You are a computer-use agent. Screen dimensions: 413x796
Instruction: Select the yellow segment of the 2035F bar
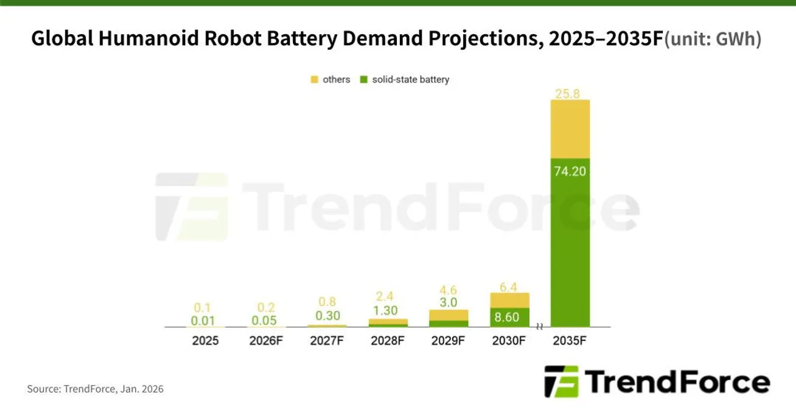click(x=570, y=129)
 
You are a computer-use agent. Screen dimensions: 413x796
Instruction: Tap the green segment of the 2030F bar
click(x=509, y=317)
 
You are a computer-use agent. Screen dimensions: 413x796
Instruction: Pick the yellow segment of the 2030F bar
click(x=509, y=300)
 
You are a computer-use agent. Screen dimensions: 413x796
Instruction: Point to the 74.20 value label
click(x=570, y=170)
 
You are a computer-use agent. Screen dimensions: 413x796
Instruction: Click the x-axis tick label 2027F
click(x=326, y=341)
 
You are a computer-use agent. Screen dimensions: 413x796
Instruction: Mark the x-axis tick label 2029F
click(x=448, y=341)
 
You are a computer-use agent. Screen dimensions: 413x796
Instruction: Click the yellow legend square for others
click(x=315, y=80)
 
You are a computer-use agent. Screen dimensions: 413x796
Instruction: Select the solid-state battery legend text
click(x=410, y=80)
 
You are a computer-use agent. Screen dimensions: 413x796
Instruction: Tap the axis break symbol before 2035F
click(x=540, y=327)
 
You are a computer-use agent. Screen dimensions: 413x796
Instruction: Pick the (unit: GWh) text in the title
click(x=713, y=40)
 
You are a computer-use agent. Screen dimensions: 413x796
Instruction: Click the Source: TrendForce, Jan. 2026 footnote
click(x=95, y=389)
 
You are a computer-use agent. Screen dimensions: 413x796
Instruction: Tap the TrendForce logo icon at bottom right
click(x=561, y=381)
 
